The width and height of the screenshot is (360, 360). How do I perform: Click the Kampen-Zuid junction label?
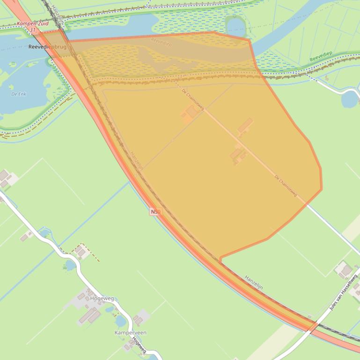[32, 23]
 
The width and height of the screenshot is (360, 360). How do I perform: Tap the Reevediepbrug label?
[47, 47]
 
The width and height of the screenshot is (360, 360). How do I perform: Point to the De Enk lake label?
[19, 94]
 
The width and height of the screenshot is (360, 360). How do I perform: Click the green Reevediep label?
[321, 57]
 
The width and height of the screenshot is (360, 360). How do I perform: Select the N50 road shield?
[155, 212]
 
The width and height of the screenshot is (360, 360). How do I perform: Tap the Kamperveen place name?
[130, 332]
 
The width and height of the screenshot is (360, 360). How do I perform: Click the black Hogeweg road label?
[140, 345]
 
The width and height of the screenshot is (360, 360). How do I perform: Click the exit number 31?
[32, 29]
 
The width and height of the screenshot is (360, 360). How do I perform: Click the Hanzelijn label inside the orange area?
[137, 160]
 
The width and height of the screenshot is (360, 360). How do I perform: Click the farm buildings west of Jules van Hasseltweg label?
[344, 269]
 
